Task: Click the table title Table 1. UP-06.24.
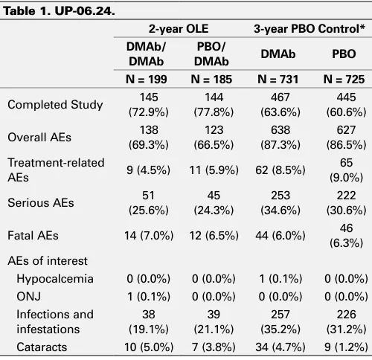click(60, 11)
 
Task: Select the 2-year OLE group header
click(179, 29)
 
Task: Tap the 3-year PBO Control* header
click(310, 29)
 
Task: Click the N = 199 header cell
click(147, 80)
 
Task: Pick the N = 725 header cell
click(344, 80)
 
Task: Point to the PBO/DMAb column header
click(211, 54)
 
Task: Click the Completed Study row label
click(55, 105)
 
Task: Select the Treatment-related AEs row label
click(56, 170)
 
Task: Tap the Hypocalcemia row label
click(55, 279)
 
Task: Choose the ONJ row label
click(28, 297)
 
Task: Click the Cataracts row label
click(42, 347)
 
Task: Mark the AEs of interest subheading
click(48, 261)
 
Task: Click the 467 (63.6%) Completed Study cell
click(280, 105)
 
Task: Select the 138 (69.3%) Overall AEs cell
click(149, 138)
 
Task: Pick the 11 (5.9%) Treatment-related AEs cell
click(214, 170)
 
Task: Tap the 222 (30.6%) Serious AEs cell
click(346, 203)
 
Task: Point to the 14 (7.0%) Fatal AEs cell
click(149, 236)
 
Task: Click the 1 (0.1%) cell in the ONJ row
click(149, 297)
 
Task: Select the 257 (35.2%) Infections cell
click(280, 322)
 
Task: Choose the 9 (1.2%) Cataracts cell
click(346, 347)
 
